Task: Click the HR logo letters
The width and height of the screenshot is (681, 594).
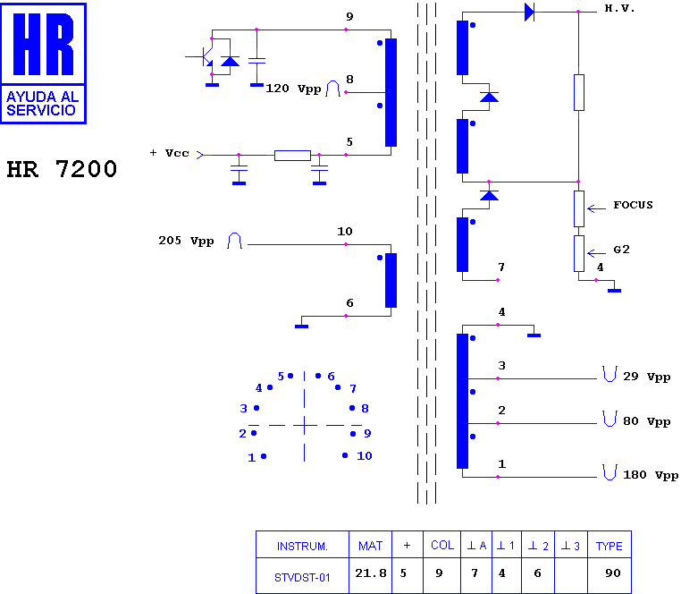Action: coord(43,44)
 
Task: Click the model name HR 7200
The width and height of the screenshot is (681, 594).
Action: coord(62,169)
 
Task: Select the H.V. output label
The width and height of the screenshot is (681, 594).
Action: coord(619,8)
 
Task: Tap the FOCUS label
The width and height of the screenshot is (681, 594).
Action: coord(633,205)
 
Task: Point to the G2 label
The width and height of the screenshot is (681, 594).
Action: coord(621,250)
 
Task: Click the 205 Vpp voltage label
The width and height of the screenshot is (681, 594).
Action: coord(186,241)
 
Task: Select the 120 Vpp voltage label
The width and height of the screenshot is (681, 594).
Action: coord(293,89)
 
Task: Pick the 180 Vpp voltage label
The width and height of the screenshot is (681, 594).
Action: coord(651,475)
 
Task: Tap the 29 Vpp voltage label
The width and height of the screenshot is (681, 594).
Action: coord(647,377)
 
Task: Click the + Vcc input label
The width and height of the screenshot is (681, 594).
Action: coord(170,153)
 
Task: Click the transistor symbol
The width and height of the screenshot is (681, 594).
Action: coord(204,56)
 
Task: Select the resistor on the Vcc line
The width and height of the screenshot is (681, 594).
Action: coord(292,156)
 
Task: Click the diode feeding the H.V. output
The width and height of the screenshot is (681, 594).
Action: coord(529,13)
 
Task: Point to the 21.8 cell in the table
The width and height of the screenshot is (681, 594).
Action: coord(371,573)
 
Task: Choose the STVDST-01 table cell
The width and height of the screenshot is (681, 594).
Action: coord(302,578)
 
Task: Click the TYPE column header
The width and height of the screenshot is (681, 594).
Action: coord(609,547)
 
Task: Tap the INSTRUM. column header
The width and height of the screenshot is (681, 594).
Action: coord(302,547)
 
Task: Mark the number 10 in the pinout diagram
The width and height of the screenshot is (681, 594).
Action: coord(365,455)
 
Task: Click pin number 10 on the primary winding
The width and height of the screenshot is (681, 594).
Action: coord(345,232)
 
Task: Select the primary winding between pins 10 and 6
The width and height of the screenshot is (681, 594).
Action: coord(391,281)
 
